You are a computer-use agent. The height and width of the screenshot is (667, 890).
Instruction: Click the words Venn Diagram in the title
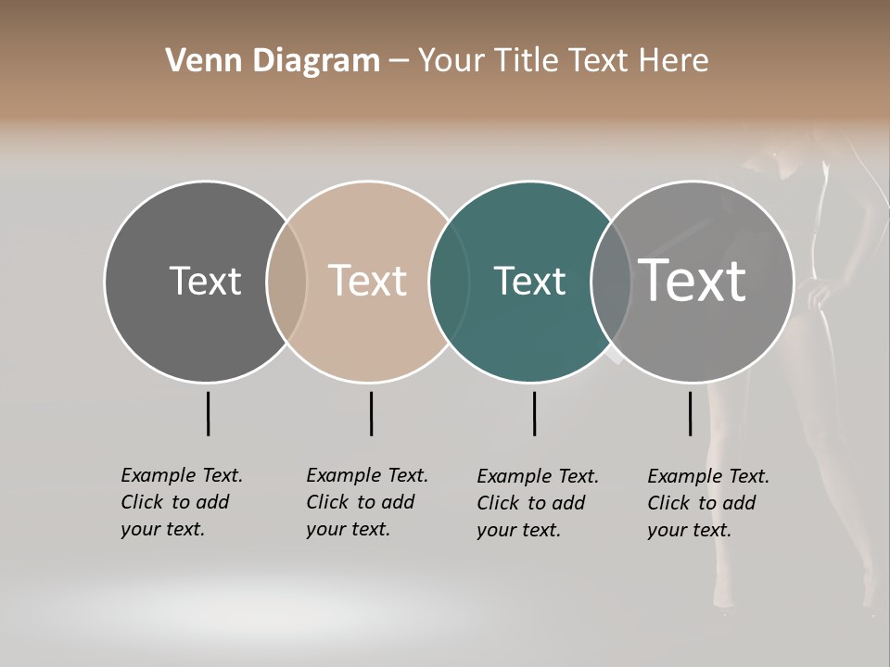click(x=273, y=61)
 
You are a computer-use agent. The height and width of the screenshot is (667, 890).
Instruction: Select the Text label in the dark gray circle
click(x=205, y=281)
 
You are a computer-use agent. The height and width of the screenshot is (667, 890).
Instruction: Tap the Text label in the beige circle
click(x=368, y=281)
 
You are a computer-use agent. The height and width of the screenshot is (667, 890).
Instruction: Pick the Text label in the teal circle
click(x=529, y=281)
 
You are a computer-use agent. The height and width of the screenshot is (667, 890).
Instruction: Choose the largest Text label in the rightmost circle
click(x=693, y=281)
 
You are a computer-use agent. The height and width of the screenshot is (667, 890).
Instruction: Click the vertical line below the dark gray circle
click(x=208, y=413)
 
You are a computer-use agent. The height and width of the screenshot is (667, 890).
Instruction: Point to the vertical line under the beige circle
click(x=371, y=413)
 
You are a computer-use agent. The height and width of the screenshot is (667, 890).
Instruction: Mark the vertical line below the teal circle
click(x=534, y=413)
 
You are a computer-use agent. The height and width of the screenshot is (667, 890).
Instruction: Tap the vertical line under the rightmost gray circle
click(x=690, y=413)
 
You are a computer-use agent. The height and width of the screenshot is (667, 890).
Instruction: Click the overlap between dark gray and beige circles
click(x=286, y=281)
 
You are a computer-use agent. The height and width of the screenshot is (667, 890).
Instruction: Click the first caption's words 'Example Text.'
click(x=182, y=475)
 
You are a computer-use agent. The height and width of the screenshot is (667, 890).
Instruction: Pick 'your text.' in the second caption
click(x=348, y=529)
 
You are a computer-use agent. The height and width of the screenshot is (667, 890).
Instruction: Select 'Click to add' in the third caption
click(x=531, y=503)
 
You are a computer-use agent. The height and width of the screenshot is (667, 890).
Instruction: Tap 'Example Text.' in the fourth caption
click(x=708, y=476)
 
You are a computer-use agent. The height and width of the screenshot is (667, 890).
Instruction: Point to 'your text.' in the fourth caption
click(x=689, y=530)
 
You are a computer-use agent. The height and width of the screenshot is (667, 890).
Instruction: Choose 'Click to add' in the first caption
click(x=175, y=502)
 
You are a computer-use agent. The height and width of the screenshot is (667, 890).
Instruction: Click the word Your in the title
click(x=450, y=61)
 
